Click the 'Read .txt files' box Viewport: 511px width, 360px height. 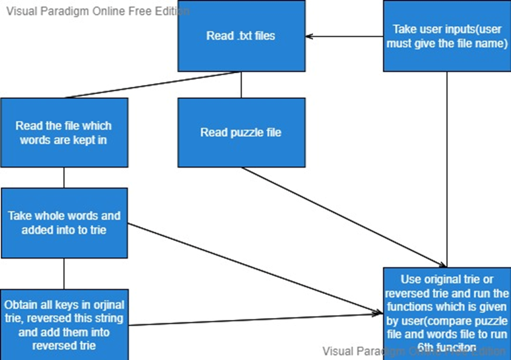pyautogui.click(x=241, y=36)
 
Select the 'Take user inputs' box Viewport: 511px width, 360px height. pyautogui.click(x=447, y=36)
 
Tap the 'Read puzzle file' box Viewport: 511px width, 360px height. pyautogui.click(x=241, y=132)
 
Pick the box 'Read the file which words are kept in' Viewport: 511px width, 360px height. pyautogui.click(x=64, y=132)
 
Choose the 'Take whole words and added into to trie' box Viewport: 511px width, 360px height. pyautogui.click(x=64, y=223)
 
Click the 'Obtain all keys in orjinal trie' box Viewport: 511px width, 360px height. pyautogui.click(x=64, y=324)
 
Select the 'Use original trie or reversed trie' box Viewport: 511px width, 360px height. pyautogui.click(x=447, y=313)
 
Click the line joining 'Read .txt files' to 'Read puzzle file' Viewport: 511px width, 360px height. pyautogui.click(x=241, y=85)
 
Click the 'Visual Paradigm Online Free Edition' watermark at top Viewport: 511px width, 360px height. pyautogui.click(x=97, y=11)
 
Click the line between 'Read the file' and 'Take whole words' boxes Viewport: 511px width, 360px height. pyautogui.click(x=64, y=177)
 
